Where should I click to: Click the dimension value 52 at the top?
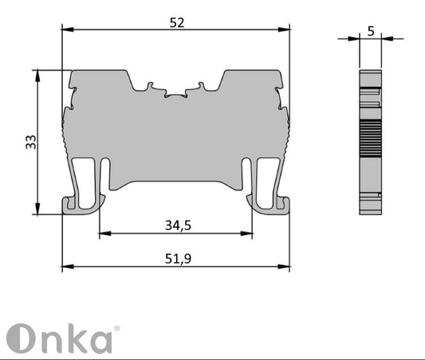(x=177, y=23)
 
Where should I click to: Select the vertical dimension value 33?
(x=30, y=142)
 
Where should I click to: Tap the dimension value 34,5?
(x=178, y=225)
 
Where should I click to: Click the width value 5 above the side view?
(x=371, y=31)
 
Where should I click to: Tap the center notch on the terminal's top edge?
(x=176, y=95)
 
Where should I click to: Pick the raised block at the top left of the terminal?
(x=99, y=80)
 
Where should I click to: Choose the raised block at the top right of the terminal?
(x=252, y=80)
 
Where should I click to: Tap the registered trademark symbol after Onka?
(x=117, y=327)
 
